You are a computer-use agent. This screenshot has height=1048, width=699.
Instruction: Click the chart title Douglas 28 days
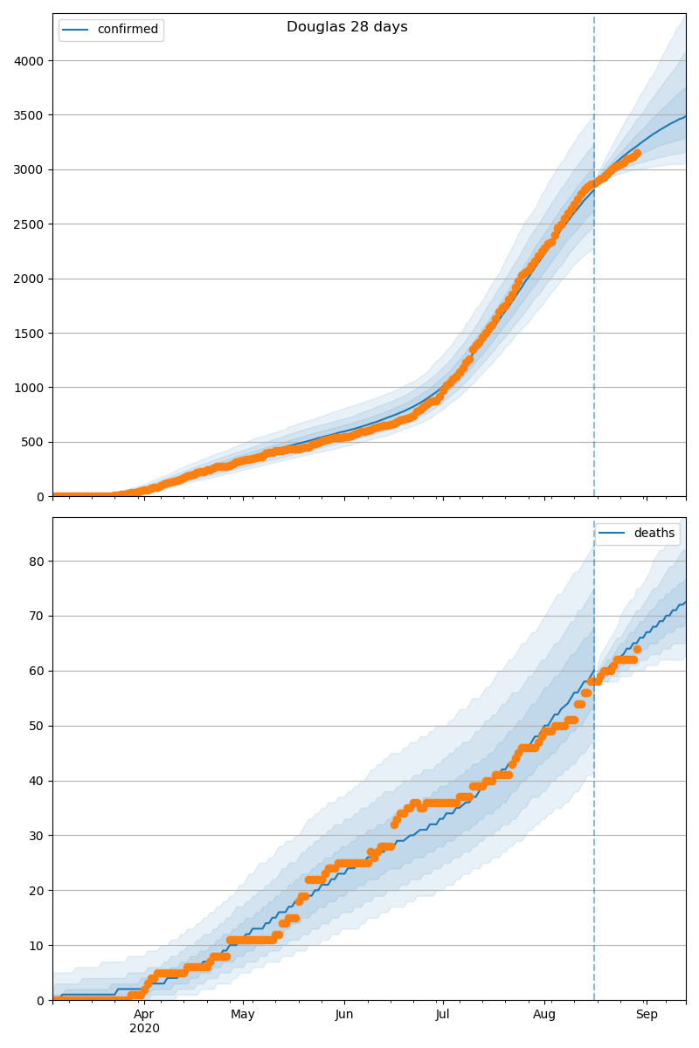(x=347, y=27)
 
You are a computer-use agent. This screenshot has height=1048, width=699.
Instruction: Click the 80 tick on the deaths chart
(x=38, y=561)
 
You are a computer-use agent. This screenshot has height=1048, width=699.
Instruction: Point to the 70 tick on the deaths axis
(x=38, y=616)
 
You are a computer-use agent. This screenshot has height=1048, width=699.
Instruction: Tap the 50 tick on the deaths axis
(x=38, y=726)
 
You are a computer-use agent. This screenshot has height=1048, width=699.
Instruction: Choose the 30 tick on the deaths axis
(x=38, y=836)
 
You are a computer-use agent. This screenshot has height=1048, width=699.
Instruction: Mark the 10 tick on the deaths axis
(x=38, y=945)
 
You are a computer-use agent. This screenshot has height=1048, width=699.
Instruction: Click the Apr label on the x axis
(x=144, y=1015)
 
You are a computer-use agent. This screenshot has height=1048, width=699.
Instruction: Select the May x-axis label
(x=243, y=1015)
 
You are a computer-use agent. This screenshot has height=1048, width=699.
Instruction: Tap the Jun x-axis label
(x=344, y=1015)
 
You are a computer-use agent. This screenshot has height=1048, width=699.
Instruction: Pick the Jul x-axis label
(x=442, y=1015)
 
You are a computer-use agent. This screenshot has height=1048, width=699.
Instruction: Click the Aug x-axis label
(x=544, y=1015)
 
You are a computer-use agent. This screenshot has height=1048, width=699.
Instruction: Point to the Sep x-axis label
(x=647, y=1015)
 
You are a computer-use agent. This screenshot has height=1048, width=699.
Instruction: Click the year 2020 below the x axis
(x=144, y=1028)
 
